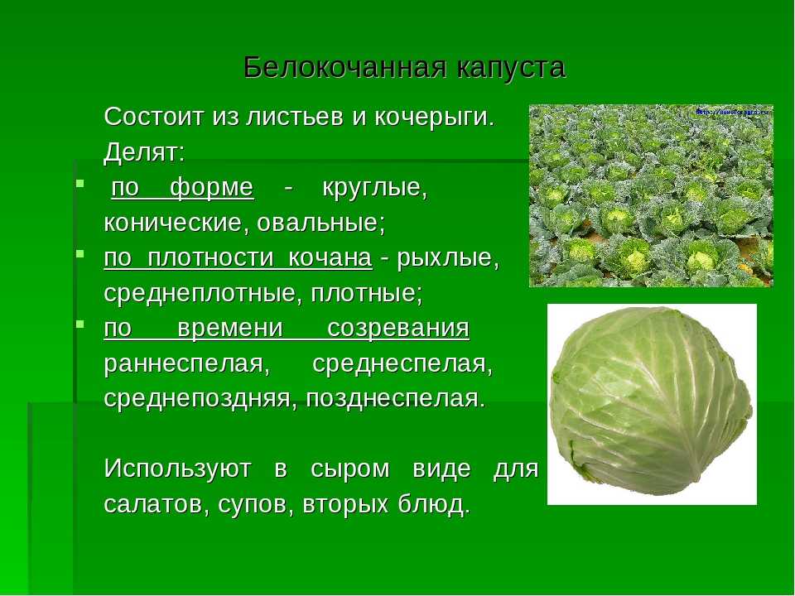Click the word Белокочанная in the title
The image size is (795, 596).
345,67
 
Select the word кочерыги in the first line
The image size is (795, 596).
434,118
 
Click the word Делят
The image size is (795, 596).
144,152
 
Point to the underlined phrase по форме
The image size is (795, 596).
182,188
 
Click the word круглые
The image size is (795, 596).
375,189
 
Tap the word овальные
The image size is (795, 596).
321,223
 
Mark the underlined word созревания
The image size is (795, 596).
398,329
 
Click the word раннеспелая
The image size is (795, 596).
187,364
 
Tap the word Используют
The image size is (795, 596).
177,469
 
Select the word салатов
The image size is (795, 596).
157,504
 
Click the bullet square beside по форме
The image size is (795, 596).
79,182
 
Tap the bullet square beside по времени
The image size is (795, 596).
79,323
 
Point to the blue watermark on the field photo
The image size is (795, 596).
733,111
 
